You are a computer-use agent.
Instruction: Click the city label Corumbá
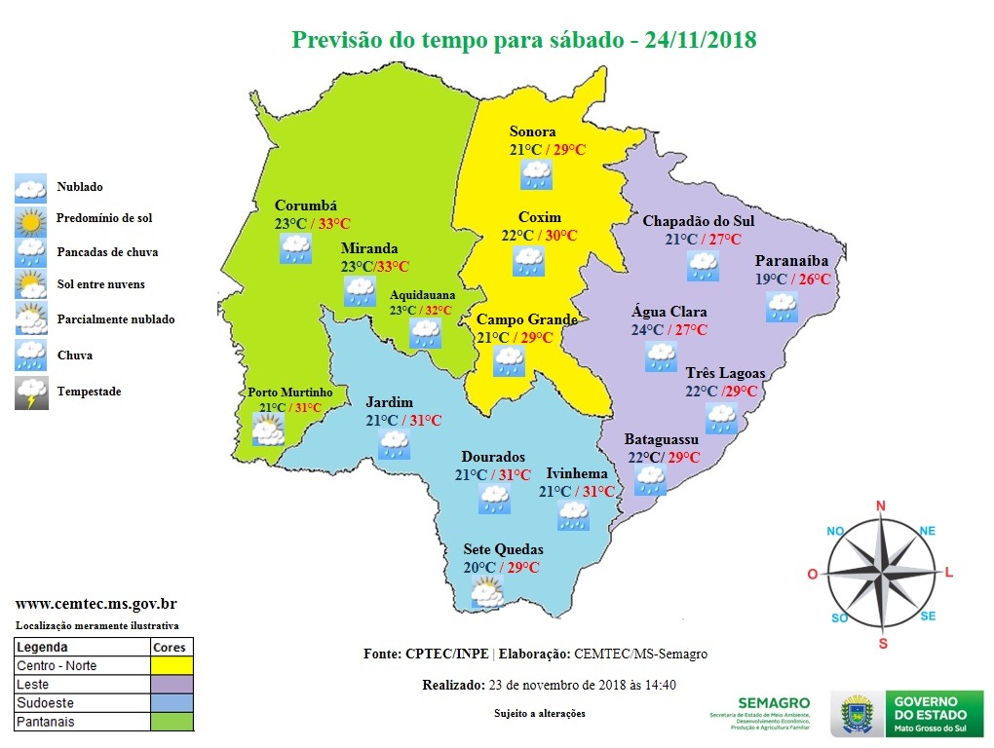pyautogui.click(x=305, y=206)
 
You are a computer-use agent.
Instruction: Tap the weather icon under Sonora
pyautogui.click(x=536, y=175)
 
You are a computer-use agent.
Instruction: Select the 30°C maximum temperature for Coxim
pyautogui.click(x=560, y=236)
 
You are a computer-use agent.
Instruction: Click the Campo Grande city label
pyautogui.click(x=526, y=319)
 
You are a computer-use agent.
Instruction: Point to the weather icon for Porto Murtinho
pyautogui.click(x=267, y=429)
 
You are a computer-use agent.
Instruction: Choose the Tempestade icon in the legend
pyautogui.click(x=30, y=393)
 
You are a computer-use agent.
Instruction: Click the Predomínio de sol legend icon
pyautogui.click(x=30, y=220)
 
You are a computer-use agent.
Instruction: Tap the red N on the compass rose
pyautogui.click(x=881, y=505)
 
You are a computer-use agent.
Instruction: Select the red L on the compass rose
pyautogui.click(x=949, y=572)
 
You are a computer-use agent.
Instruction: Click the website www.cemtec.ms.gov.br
pyautogui.click(x=96, y=604)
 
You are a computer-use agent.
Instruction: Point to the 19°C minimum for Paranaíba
pyautogui.click(x=772, y=280)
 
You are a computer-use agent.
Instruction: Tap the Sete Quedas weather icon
pyautogui.click(x=486, y=592)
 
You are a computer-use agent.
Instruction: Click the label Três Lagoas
pyautogui.click(x=726, y=374)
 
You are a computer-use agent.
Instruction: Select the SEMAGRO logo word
pyautogui.click(x=774, y=702)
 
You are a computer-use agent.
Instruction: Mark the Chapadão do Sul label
pyautogui.click(x=698, y=221)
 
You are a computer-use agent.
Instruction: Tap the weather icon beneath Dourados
pyautogui.click(x=494, y=500)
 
